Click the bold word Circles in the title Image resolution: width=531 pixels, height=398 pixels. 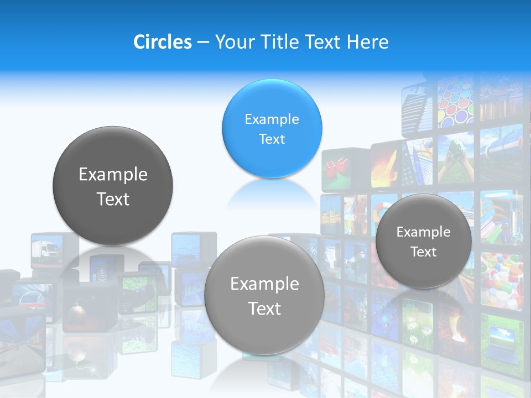pyautogui.click(x=162, y=42)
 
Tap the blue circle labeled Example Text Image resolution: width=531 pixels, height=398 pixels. pyautogui.click(x=272, y=129)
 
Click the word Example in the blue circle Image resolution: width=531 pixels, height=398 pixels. pyautogui.click(x=272, y=119)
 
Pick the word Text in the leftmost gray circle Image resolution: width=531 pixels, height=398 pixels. pyautogui.click(x=113, y=199)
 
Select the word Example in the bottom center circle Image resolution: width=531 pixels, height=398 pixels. pyautogui.click(x=264, y=284)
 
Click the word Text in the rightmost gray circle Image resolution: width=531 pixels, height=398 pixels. pyautogui.click(x=424, y=252)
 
